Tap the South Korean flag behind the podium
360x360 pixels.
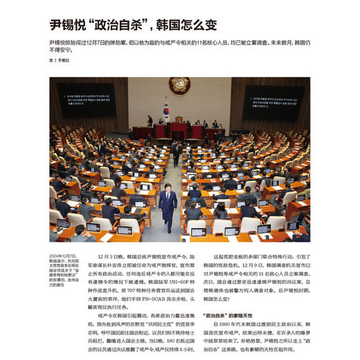166,109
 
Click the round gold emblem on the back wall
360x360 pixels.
179,85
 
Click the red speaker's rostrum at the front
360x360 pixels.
179,129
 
